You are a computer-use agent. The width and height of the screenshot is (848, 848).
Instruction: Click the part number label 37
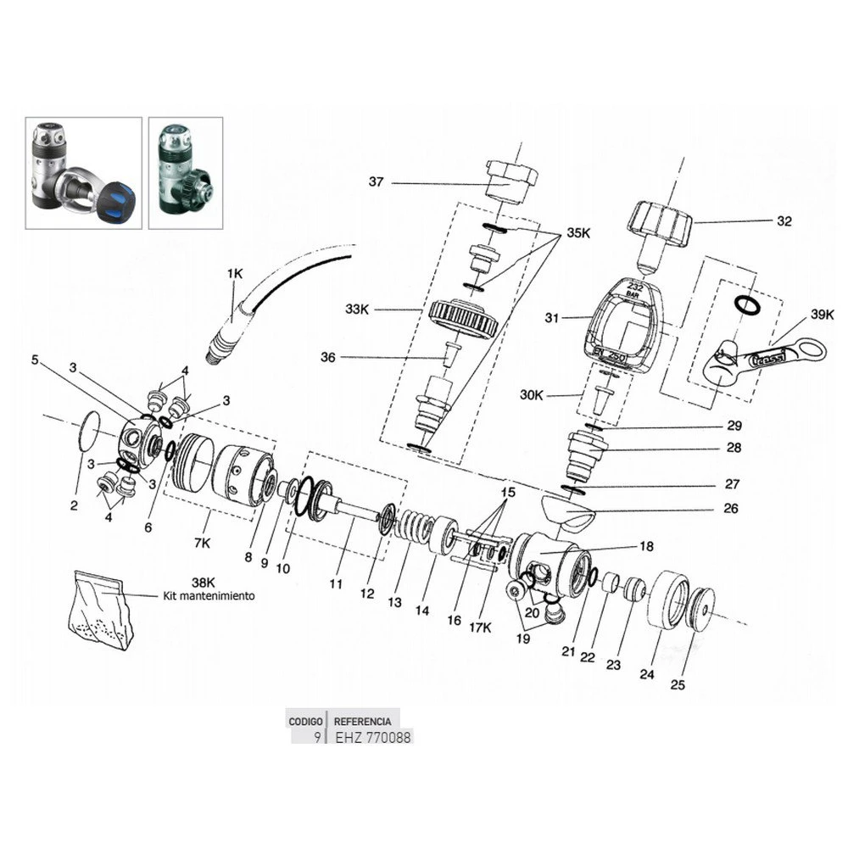[377, 181]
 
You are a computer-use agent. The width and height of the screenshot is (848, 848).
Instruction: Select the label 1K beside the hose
[235, 273]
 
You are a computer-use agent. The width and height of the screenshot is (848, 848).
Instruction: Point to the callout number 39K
[822, 314]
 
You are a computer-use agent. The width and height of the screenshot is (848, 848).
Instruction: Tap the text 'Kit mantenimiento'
[209, 596]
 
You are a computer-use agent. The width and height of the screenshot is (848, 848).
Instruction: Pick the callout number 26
[730, 509]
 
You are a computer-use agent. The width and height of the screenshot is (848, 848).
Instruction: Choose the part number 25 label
[678, 684]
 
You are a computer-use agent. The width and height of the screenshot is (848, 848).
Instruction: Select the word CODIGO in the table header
[305, 721]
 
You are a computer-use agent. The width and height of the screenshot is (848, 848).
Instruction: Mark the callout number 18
[646, 547]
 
